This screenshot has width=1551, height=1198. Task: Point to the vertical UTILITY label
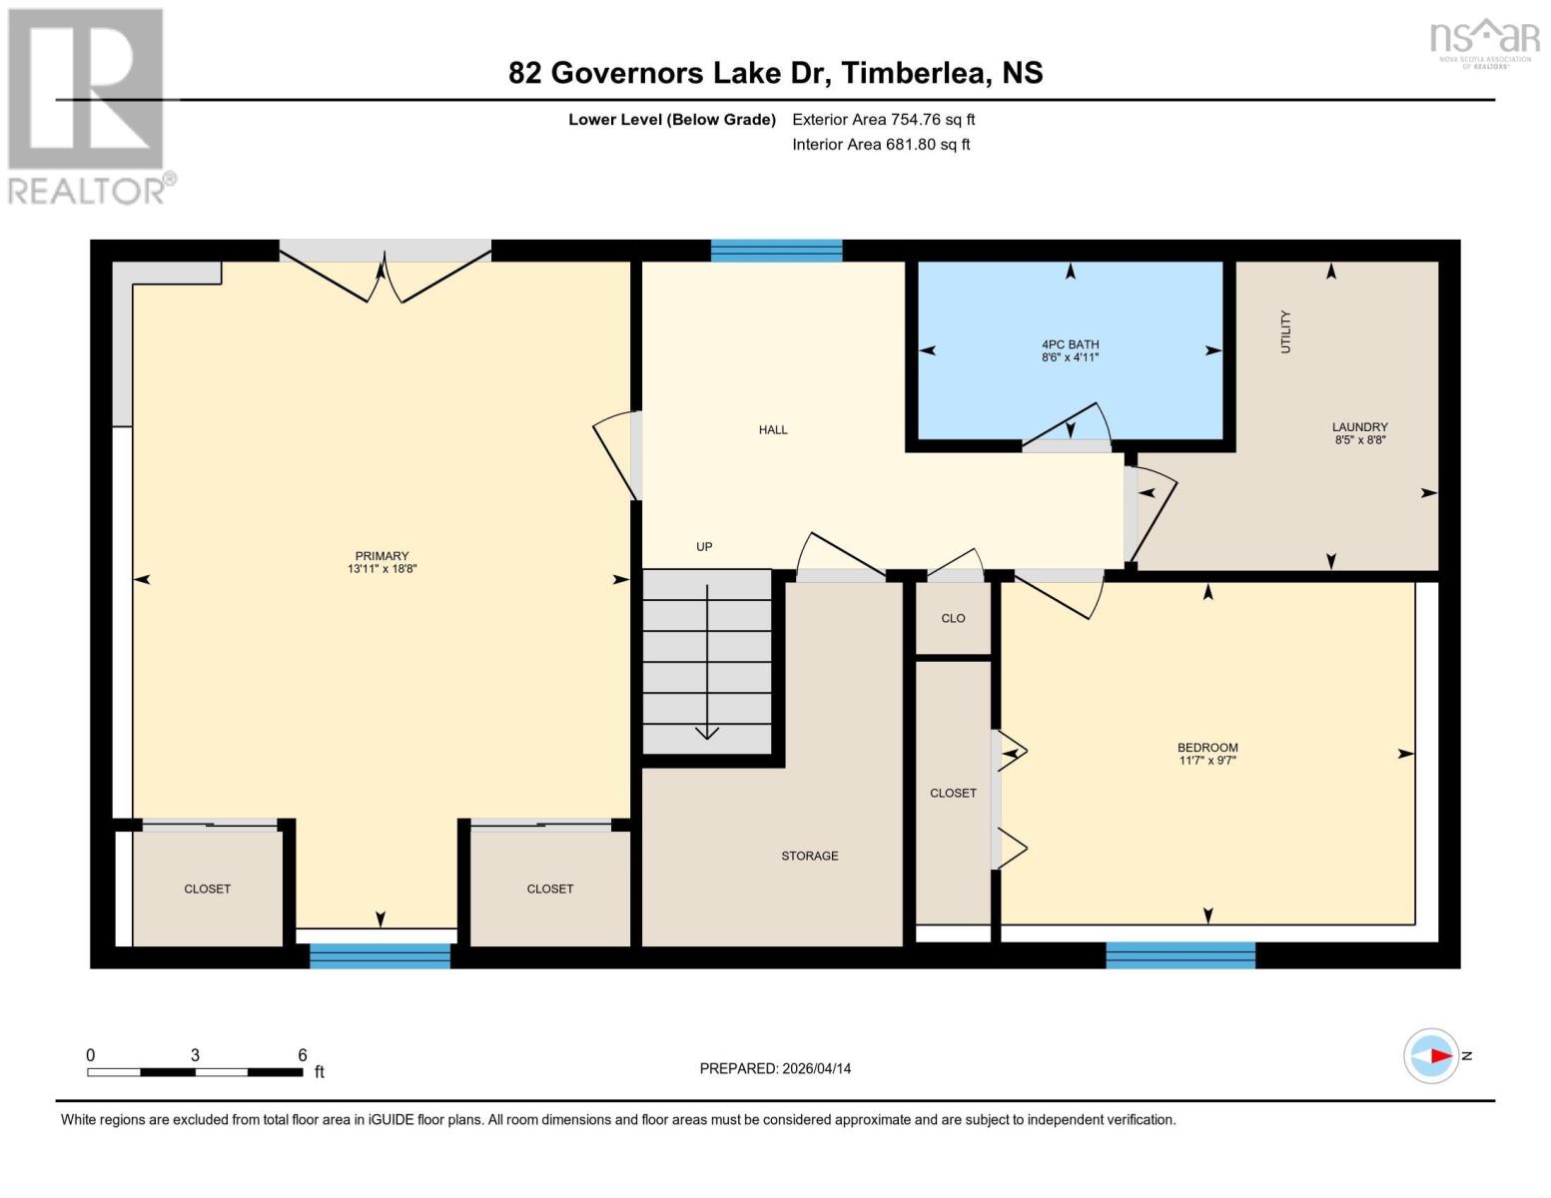(1285, 331)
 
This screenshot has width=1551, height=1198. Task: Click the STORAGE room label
(809, 856)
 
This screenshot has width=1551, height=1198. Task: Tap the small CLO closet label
(953, 618)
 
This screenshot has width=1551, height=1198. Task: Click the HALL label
(773, 430)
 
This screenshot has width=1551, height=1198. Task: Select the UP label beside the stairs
(704, 547)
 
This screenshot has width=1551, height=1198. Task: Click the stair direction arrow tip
(707, 736)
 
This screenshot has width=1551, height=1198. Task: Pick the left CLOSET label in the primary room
(207, 889)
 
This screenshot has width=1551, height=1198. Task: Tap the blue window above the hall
(776, 251)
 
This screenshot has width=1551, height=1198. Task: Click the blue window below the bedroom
(1179, 955)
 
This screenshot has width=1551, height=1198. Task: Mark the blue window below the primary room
(380, 956)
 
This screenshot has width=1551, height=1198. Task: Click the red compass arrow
(1439, 1055)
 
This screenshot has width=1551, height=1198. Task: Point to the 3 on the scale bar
(195, 1055)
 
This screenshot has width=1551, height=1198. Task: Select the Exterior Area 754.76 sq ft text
(883, 120)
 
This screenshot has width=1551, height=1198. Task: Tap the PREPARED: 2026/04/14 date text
(775, 1068)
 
